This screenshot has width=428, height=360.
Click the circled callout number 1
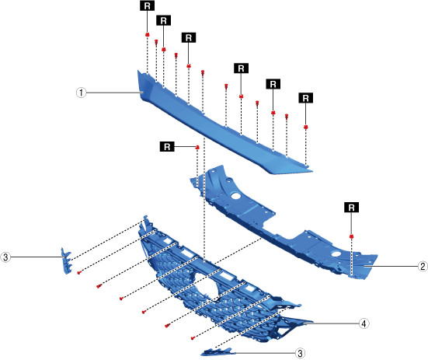coord(81,93)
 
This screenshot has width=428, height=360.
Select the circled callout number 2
coord(423,266)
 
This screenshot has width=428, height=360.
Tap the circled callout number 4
coord(364,323)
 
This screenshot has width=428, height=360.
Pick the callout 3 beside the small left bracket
coord(5,257)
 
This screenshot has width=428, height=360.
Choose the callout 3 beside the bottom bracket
coord(301,353)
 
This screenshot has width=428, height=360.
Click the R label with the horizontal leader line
coord(167,147)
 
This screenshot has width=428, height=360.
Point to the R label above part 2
coord(352,208)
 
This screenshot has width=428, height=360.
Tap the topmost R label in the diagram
coord(148,5)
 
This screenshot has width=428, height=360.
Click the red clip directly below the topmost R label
coord(148,35)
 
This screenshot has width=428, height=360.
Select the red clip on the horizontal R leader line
coord(197,148)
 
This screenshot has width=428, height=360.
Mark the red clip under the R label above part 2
coord(352,236)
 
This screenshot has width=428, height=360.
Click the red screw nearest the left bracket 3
coord(79,272)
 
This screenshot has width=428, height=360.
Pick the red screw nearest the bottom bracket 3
coord(193,338)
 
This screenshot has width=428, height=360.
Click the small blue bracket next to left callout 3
coord(66,260)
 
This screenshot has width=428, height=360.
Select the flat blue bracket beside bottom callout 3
coord(217,351)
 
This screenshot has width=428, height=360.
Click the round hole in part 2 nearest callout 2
coord(336,254)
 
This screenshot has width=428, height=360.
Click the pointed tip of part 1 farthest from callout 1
coord(312,172)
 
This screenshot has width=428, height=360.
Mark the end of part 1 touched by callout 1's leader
coord(143,87)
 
